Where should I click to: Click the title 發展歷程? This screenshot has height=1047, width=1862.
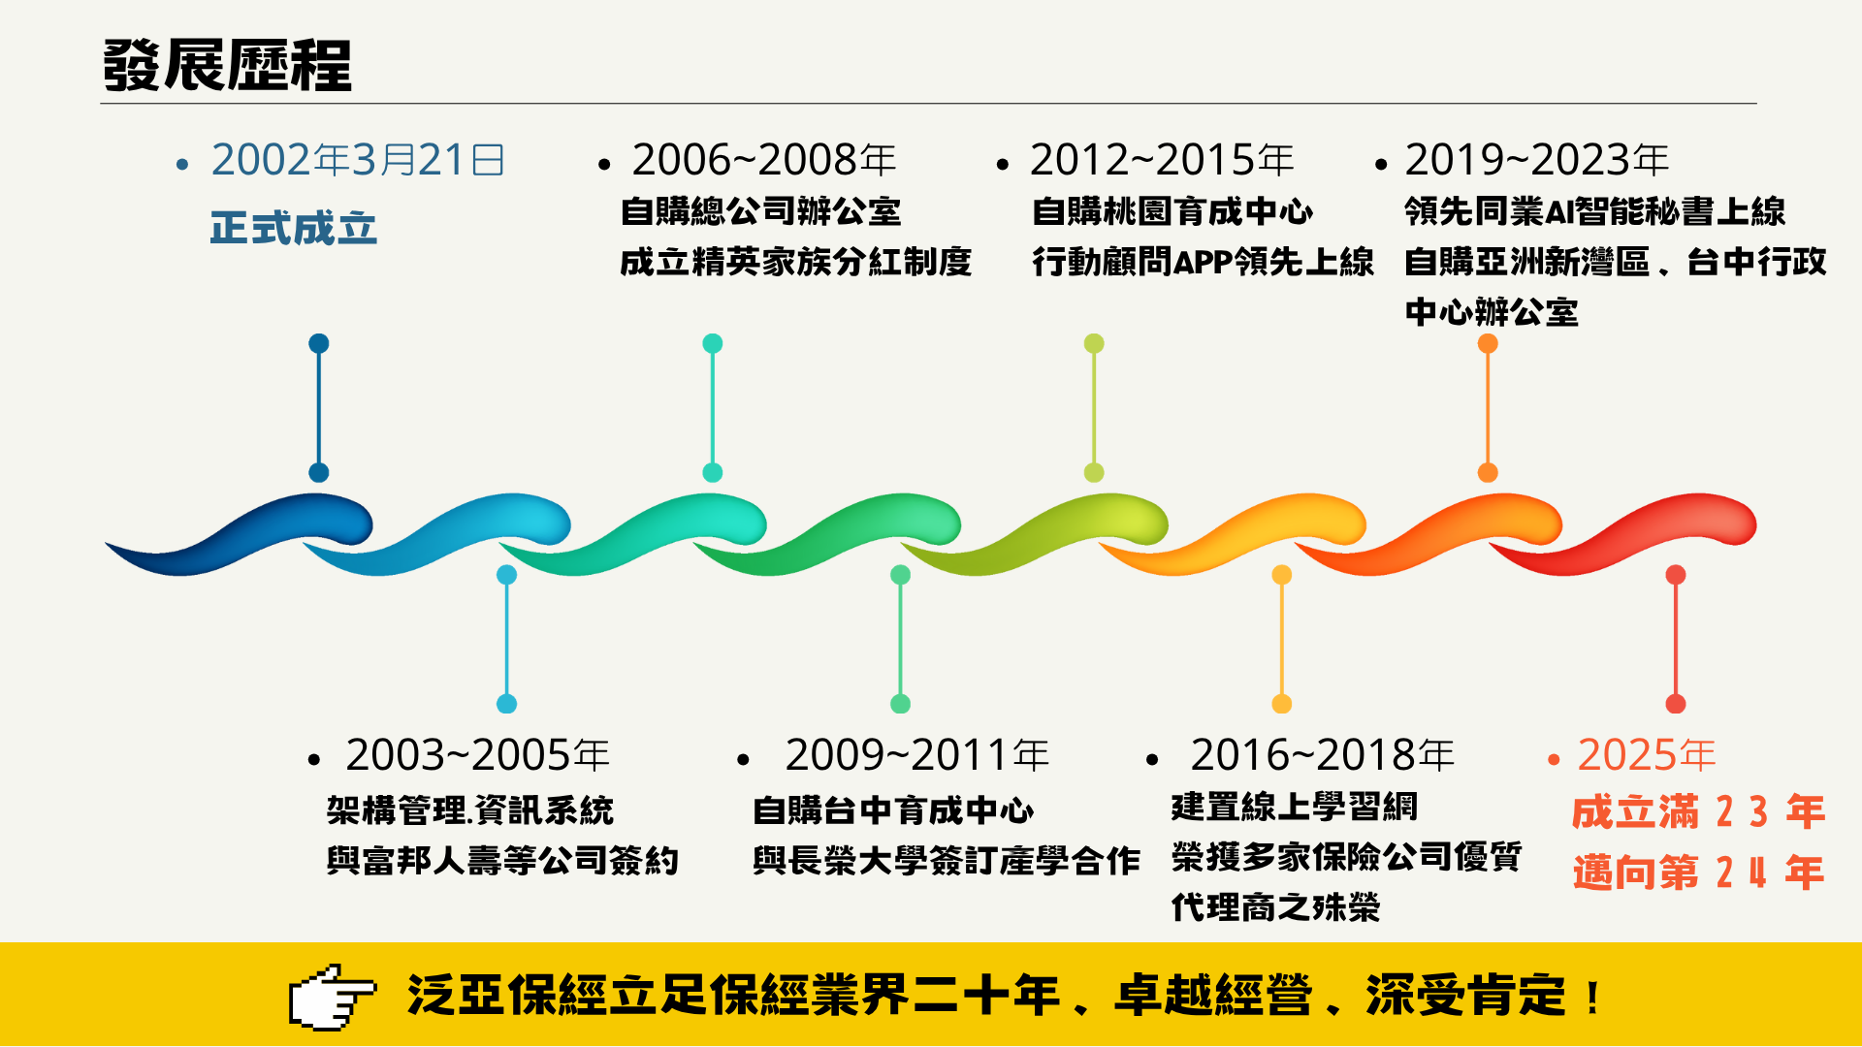(227, 65)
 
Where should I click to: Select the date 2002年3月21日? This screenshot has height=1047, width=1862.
(358, 160)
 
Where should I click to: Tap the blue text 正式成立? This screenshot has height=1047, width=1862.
(294, 229)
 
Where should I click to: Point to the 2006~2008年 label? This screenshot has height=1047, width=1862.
(764, 160)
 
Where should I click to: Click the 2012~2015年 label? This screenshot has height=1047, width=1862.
(1162, 160)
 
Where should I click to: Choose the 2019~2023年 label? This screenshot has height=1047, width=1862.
(1537, 160)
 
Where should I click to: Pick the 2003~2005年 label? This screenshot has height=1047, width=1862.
(477, 755)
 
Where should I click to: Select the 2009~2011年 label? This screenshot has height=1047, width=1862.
(917, 755)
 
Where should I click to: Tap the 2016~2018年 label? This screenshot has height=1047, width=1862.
(1323, 755)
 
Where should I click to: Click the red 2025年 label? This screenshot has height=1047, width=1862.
(1647, 755)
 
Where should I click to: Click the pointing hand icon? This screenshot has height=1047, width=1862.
(332, 997)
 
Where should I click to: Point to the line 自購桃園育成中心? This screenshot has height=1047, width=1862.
(1172, 211)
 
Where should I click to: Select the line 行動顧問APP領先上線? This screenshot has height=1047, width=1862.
(1203, 262)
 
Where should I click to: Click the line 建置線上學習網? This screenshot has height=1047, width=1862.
(1295, 807)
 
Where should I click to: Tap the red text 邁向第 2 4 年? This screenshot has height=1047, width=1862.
(1699, 872)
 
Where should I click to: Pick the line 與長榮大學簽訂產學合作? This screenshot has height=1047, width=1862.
(947, 861)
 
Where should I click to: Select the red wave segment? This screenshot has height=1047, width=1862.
(1622, 534)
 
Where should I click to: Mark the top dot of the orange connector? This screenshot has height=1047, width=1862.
(1488, 343)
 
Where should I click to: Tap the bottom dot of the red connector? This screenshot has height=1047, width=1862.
(1676, 704)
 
